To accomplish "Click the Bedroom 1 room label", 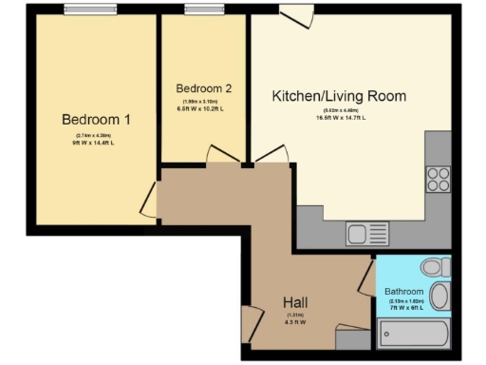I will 96,120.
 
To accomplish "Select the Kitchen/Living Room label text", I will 339,96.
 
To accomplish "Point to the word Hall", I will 295,302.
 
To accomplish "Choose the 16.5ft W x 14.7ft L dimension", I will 339,119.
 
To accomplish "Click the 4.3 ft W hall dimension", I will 295,322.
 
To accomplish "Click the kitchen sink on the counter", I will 363,232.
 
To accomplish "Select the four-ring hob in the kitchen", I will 438,178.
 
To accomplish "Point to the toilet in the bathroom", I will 437,267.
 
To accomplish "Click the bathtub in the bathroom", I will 414,335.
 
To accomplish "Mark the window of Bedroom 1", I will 91,10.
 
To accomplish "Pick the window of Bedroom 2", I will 204,10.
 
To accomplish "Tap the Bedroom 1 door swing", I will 149,200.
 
